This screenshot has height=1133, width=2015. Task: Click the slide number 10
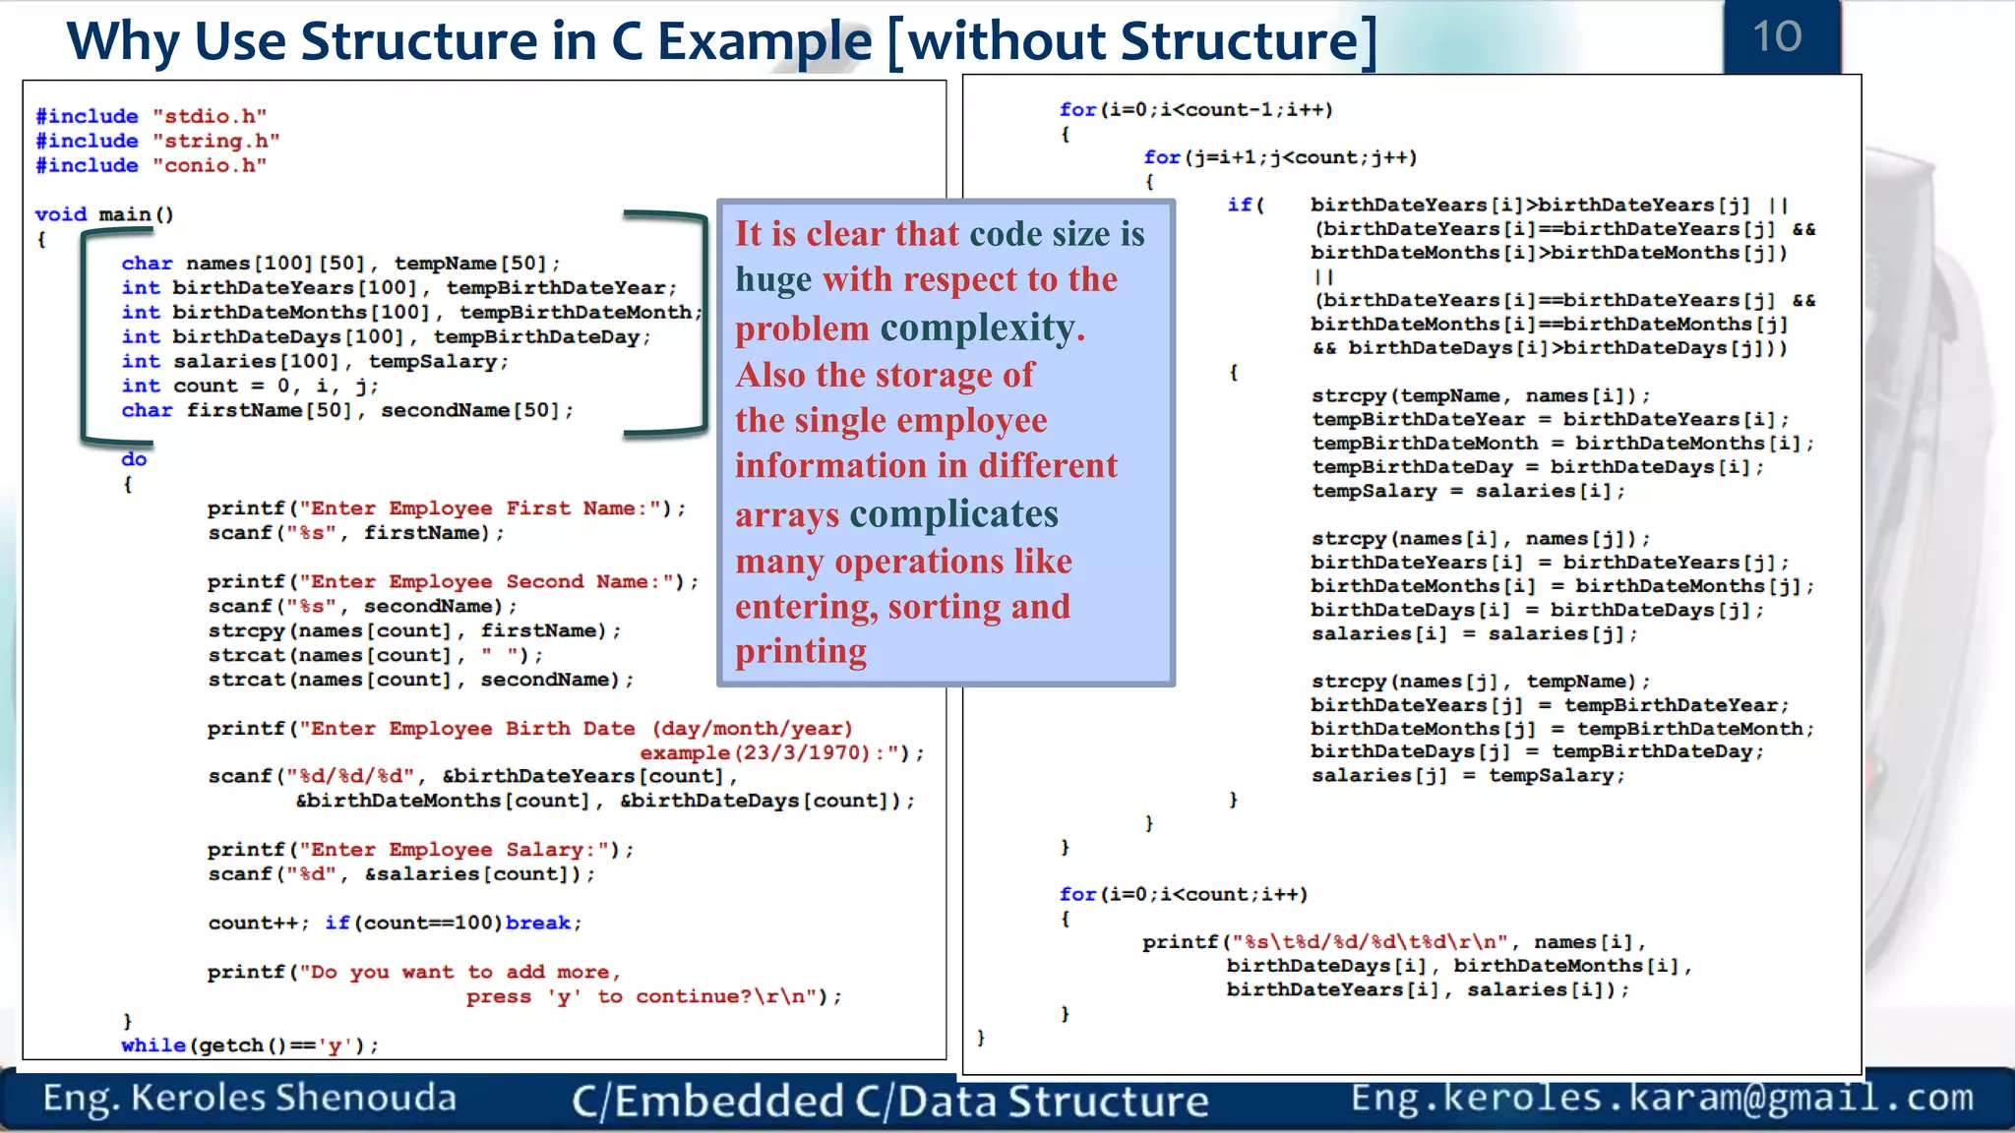click(1777, 37)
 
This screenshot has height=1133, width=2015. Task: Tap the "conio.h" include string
click(209, 165)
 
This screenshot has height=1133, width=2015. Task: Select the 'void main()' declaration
click(104, 214)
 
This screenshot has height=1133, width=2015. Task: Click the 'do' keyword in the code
click(134, 459)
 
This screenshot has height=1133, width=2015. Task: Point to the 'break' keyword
click(538, 923)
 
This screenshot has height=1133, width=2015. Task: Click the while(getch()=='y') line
click(250, 1045)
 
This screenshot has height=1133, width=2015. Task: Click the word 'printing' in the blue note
click(801, 651)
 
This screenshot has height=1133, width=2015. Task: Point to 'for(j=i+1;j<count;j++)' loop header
click(1279, 157)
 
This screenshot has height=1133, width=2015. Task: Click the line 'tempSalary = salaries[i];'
click(1468, 491)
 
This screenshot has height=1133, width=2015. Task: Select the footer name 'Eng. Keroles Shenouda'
click(250, 1098)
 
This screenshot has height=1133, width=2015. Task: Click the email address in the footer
click(1662, 1098)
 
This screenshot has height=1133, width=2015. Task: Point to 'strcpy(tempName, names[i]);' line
click(1481, 395)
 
